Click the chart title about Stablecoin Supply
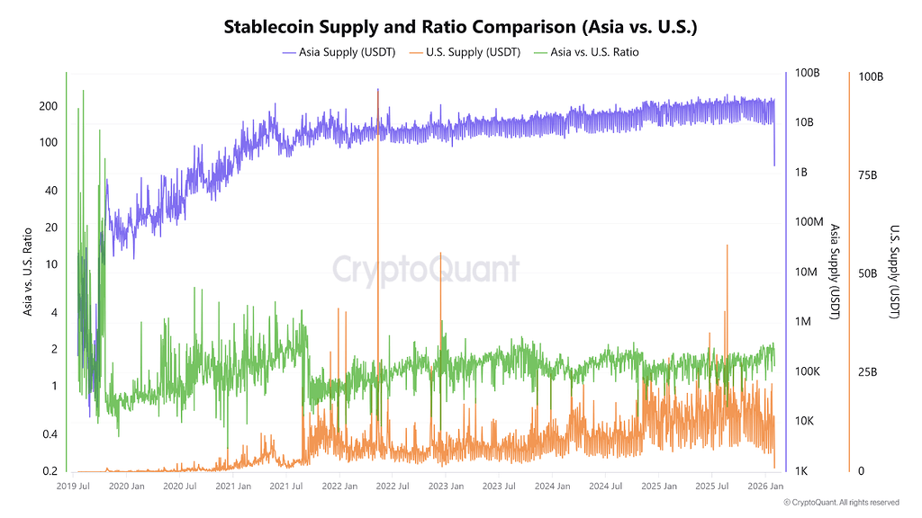[x=460, y=27]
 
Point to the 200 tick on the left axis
[x=48, y=106]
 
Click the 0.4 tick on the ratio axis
[x=50, y=435]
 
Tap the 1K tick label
[x=802, y=471]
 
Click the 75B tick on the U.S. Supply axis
[x=868, y=175]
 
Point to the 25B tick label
[x=868, y=372]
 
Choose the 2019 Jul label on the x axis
[x=73, y=487]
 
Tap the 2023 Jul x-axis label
[x=499, y=487]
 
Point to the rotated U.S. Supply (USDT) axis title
[x=895, y=271]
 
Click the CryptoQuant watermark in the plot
[x=426, y=269]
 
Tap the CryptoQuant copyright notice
[x=841, y=502]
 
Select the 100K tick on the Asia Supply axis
[x=805, y=372]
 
